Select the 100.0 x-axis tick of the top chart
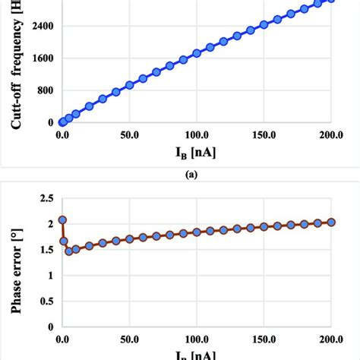[x=197, y=134]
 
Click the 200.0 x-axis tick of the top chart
[x=331, y=134]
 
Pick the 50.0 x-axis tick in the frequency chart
[x=129, y=134]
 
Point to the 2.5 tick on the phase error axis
[x=46, y=197]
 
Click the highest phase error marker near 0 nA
[x=62, y=219]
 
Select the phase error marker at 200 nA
[x=331, y=222]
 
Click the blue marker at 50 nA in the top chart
[x=129, y=85]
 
